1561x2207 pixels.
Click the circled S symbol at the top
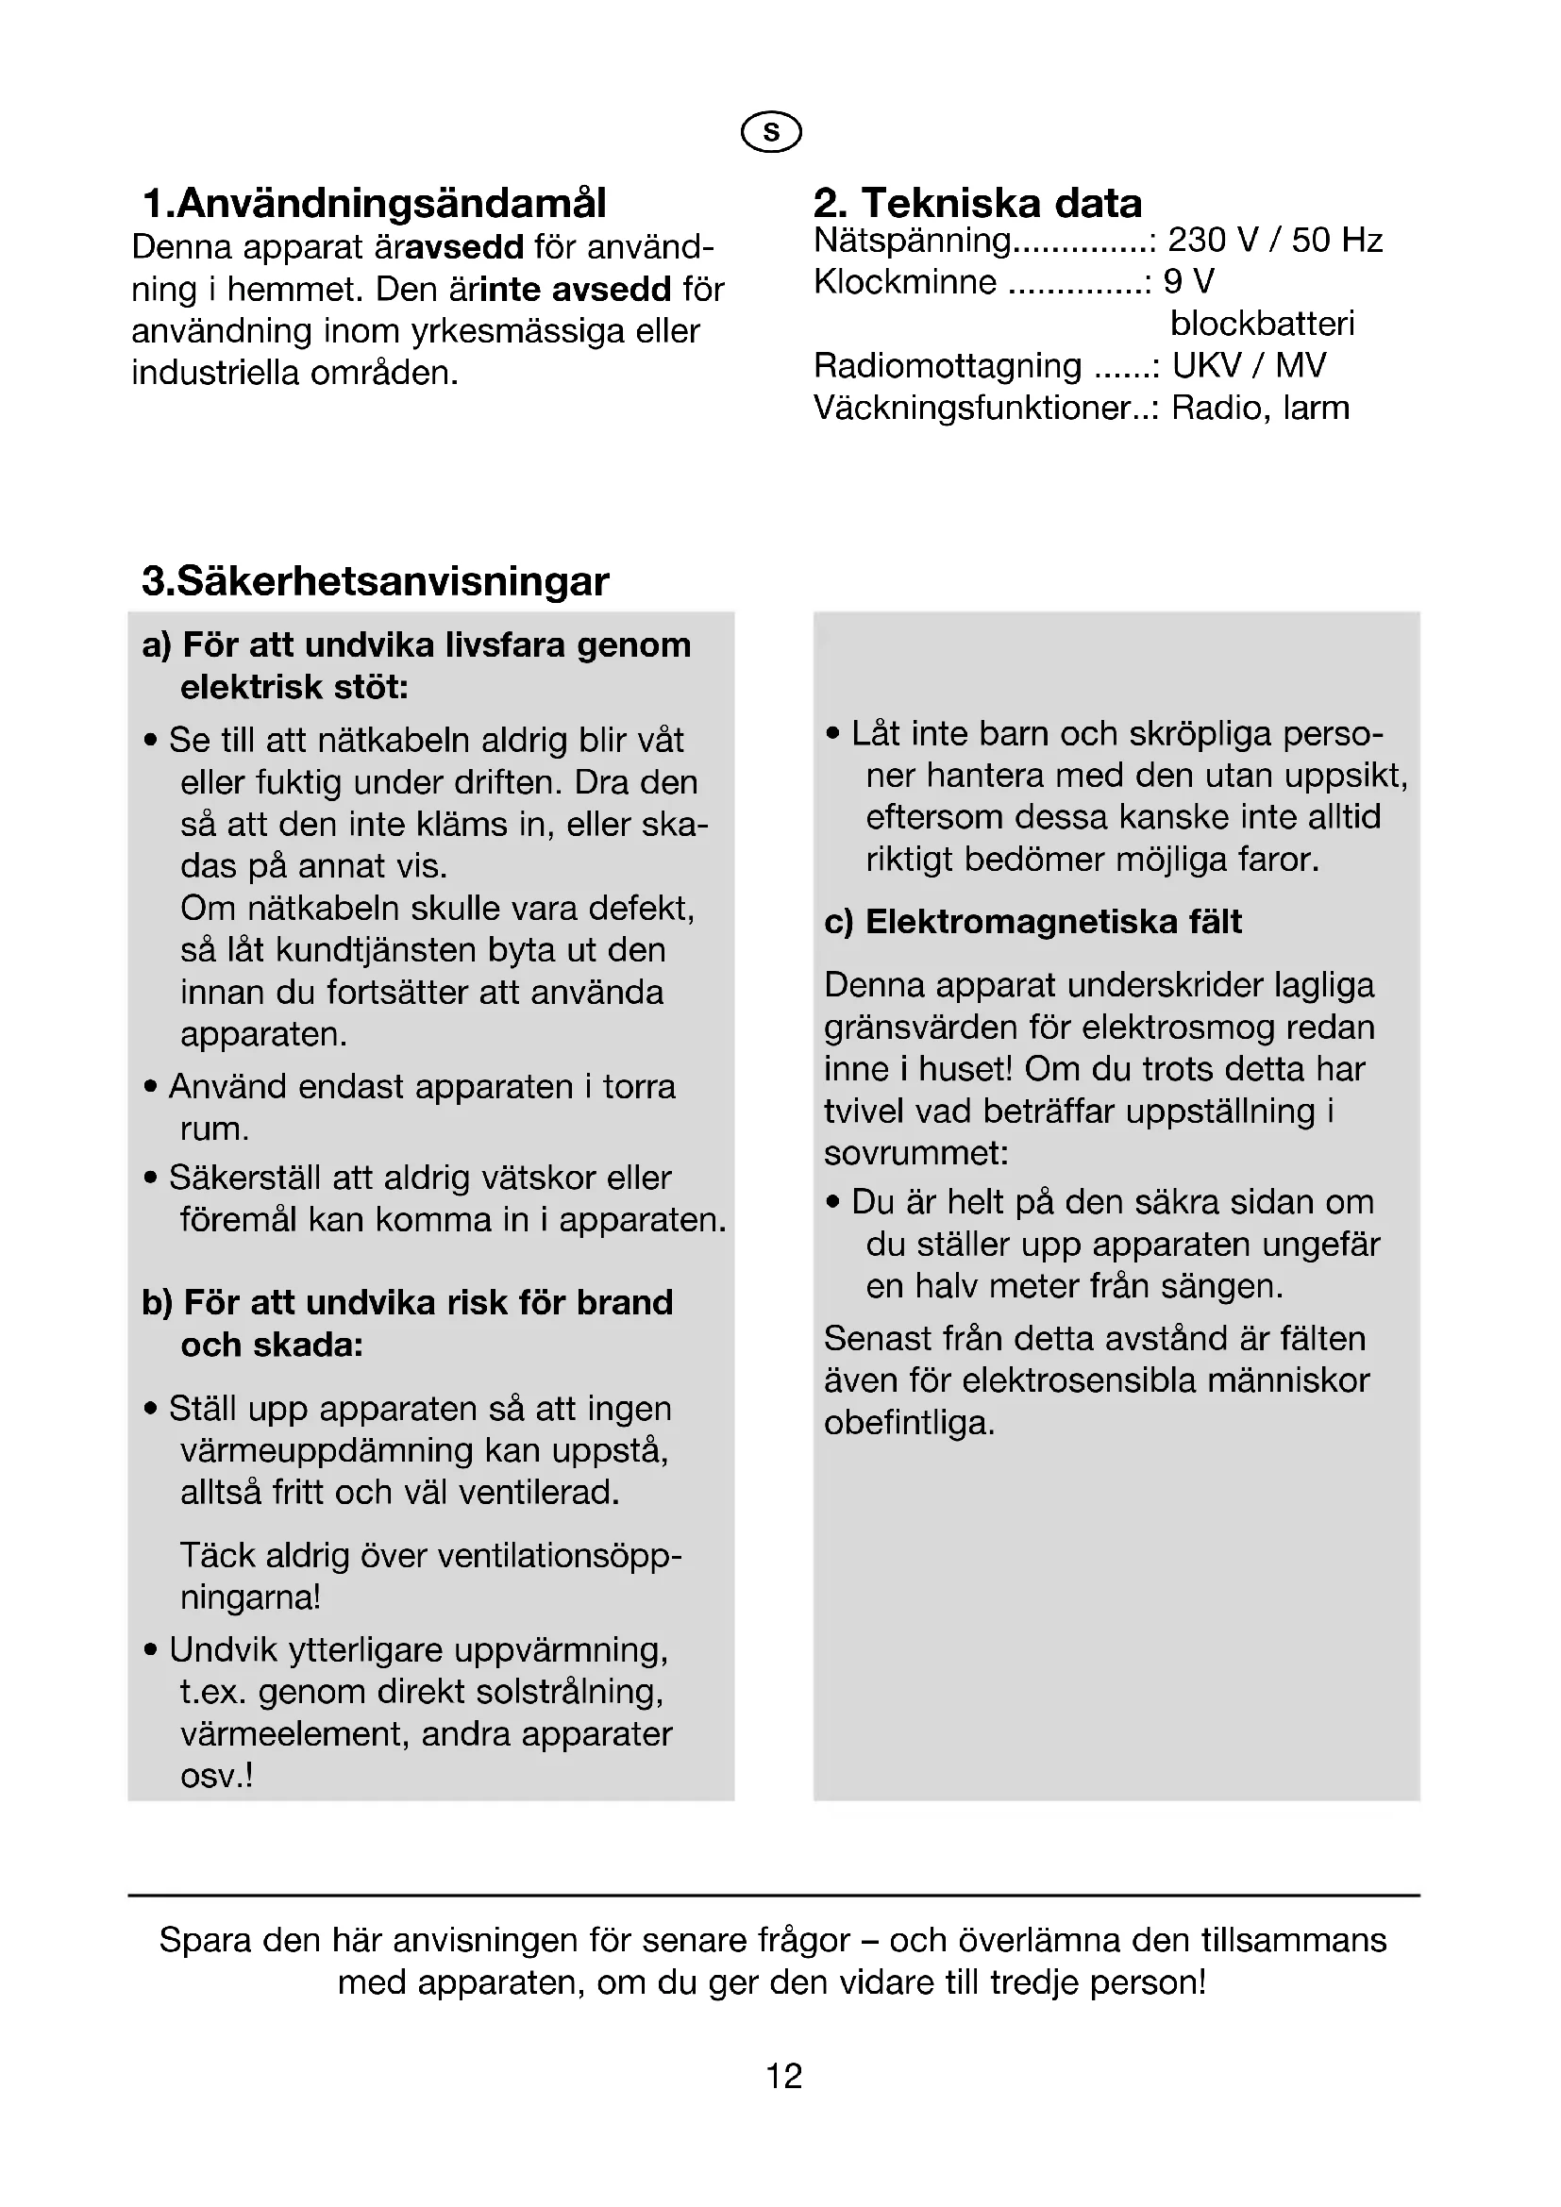[771, 132]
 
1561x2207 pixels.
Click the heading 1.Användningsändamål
[374, 204]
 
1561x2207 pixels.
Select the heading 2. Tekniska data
[978, 204]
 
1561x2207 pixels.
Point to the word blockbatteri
[1262, 324]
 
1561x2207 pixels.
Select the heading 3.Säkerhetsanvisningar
[375, 581]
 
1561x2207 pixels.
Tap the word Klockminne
[904, 283]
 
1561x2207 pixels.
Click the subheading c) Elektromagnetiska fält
[1032, 922]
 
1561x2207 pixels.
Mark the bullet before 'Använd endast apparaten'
[151, 1087]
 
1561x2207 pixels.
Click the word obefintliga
[909, 1424]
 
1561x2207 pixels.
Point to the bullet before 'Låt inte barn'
[833, 734]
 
